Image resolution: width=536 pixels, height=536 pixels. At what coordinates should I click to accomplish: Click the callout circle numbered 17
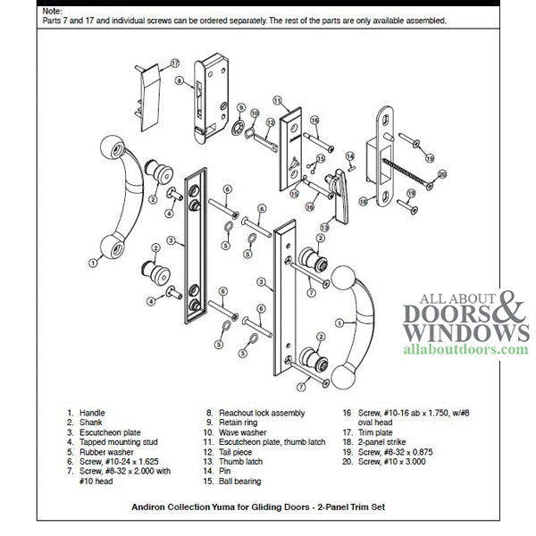pos(174,63)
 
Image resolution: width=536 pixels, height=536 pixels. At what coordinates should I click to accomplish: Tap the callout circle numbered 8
pos(180,81)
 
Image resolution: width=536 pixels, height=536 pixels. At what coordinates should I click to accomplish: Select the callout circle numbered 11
pos(278,100)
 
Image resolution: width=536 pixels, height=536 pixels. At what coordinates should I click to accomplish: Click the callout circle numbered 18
pos(363,202)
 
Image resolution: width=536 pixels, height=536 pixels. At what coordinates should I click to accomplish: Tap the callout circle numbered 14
pos(350,155)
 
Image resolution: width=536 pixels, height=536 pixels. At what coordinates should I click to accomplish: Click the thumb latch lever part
pos(339,193)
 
